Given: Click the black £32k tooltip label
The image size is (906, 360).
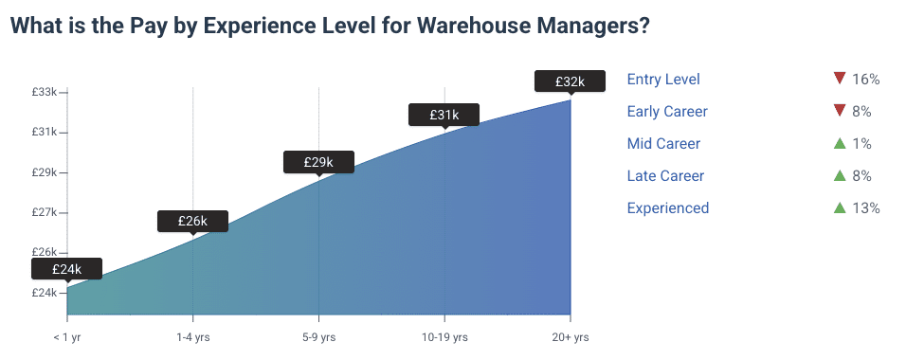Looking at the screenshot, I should pos(570,82).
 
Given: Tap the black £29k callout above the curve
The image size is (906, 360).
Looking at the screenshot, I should pos(318,162).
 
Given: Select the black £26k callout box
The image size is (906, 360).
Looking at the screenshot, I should pos(192,221).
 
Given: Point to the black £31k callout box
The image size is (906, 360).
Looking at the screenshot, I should pos(444,115).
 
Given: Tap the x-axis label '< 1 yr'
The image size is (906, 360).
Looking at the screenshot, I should pos(67,337).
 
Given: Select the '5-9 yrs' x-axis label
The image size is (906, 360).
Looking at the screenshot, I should pos(318,337).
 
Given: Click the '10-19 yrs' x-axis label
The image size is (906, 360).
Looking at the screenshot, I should pos(444,337).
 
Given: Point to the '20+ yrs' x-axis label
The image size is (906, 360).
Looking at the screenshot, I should pos(570,337).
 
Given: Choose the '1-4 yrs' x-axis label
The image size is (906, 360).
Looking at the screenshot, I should pos(193,337).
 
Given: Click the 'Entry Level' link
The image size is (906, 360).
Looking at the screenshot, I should pos(663,80).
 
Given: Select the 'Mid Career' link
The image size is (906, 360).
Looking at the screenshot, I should pos(664,144).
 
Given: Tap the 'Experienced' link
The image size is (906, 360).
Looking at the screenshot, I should pos(668,208).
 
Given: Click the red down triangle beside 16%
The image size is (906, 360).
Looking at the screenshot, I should pos(839,79).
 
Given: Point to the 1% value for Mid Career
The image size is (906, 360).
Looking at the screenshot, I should pos(861,144).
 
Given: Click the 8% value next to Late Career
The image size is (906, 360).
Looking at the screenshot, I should pos(861,176).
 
